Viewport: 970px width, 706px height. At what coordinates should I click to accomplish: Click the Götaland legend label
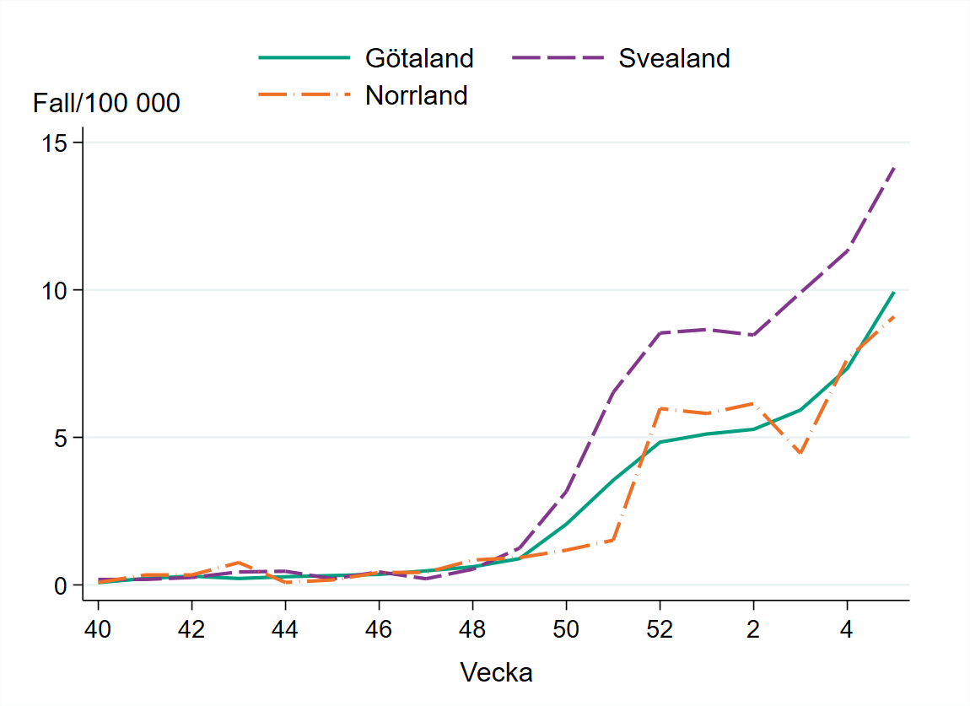tap(418, 58)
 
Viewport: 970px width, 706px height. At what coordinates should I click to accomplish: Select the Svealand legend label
tap(673, 58)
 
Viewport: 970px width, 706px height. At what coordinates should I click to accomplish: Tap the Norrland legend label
tap(416, 95)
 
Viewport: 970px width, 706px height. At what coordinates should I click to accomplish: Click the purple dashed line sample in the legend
tap(557, 58)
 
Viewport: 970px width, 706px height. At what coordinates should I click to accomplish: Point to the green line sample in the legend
tap(303, 58)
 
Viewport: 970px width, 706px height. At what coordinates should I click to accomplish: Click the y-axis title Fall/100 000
tap(106, 104)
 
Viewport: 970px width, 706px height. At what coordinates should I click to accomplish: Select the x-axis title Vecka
tap(496, 672)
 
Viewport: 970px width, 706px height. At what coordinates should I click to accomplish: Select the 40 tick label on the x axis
tap(99, 629)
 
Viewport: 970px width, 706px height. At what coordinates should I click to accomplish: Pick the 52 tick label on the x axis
tap(660, 629)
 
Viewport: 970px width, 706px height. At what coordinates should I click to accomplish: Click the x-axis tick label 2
tap(753, 629)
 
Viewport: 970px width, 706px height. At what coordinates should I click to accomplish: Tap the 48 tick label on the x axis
tap(472, 629)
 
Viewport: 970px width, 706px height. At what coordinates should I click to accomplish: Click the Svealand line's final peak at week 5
tap(893, 168)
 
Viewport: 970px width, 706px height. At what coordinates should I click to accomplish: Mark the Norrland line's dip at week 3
tap(800, 453)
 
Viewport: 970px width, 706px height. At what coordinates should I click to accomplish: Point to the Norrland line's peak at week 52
tap(660, 408)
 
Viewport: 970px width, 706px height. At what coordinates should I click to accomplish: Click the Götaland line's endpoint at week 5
tap(893, 293)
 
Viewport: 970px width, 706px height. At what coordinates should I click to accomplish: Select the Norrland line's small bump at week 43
tap(239, 563)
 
